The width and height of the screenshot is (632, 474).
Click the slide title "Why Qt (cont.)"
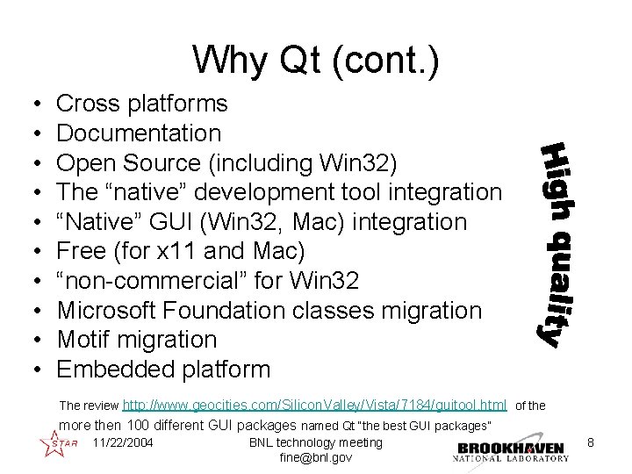pos(315,60)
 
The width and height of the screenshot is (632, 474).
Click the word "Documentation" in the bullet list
pos(139,133)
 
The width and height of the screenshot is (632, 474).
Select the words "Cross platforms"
pos(141,104)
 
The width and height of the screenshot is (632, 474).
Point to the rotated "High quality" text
pos(560,243)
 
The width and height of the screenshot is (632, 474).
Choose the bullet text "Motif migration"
pos(136,340)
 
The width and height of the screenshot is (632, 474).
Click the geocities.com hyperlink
pos(314,406)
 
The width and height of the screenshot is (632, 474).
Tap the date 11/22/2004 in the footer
pos(122,442)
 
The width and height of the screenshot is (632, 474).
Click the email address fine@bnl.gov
pos(316,458)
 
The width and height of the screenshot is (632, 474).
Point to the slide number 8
pos(592,443)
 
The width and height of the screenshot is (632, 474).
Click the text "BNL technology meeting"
pos(316,442)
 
